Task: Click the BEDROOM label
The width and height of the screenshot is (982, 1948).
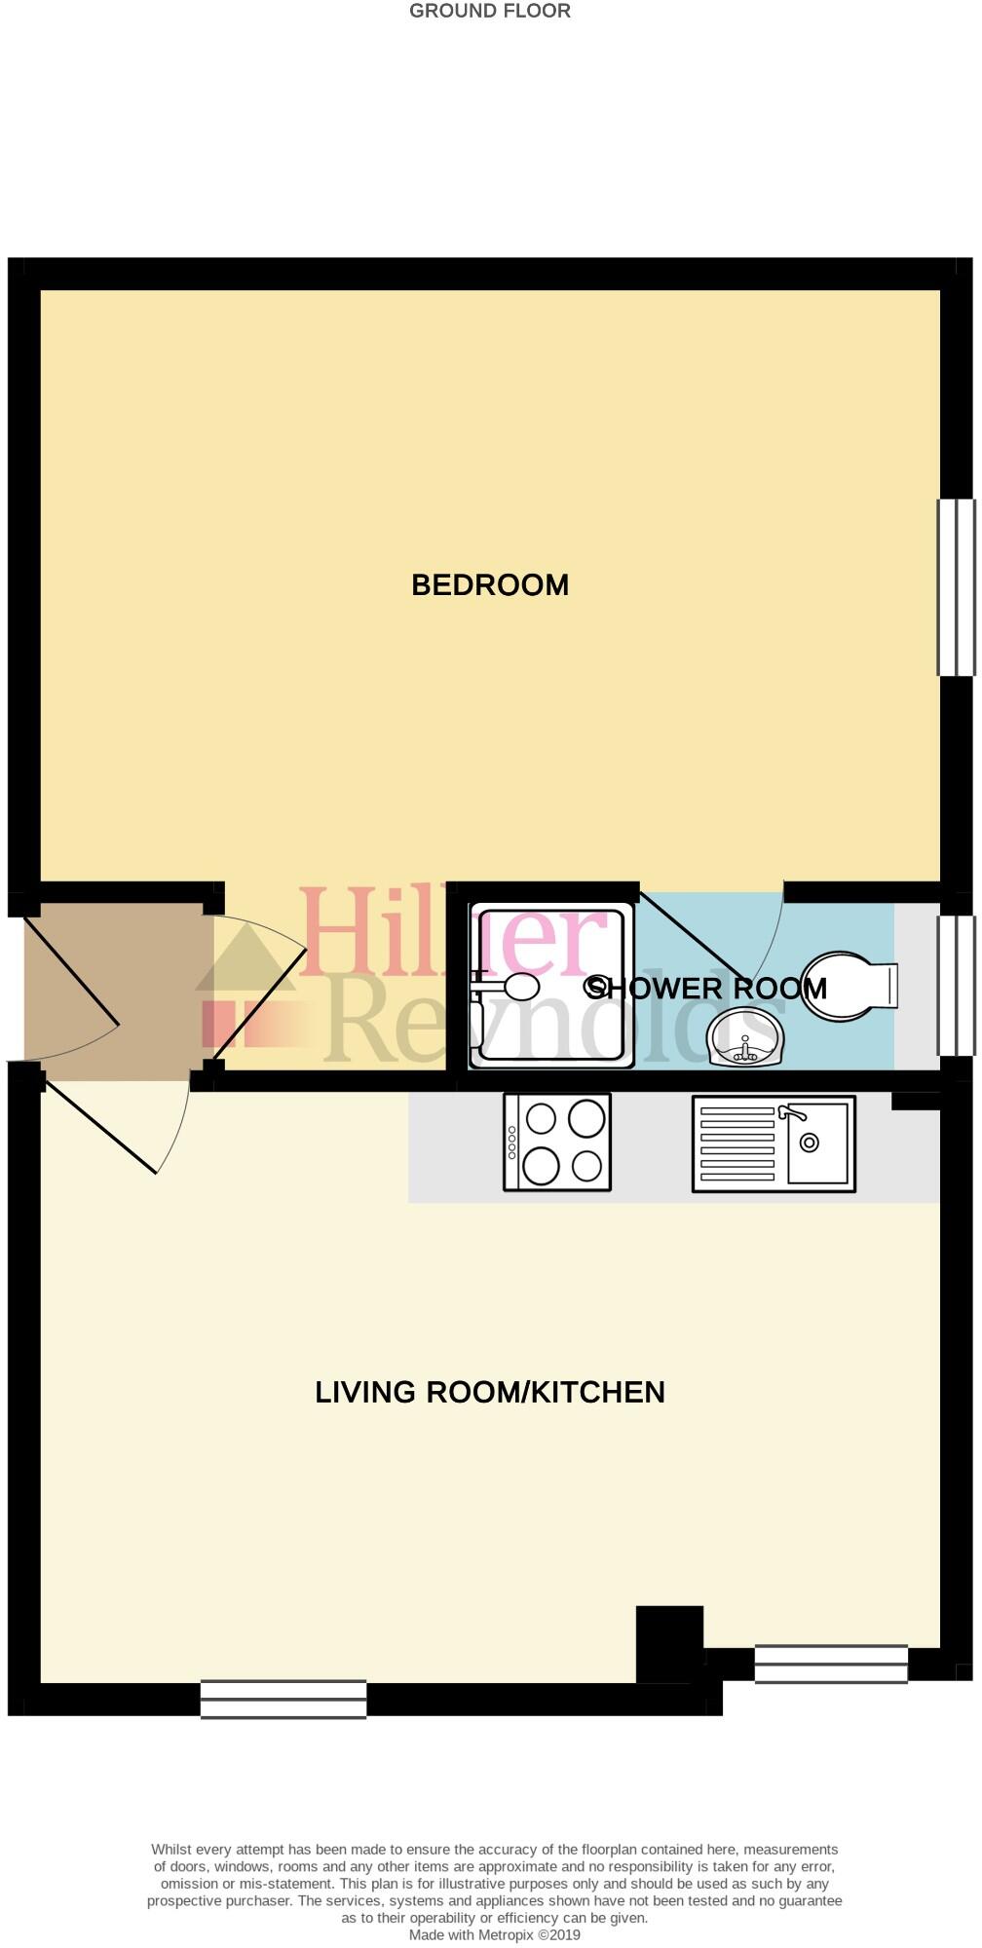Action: (x=490, y=585)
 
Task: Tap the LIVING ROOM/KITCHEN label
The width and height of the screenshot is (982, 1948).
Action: (x=490, y=1392)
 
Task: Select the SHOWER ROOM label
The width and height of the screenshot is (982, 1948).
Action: (x=705, y=988)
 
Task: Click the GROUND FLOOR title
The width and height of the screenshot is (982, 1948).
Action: (x=490, y=12)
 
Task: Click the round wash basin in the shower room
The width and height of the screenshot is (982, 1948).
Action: (x=746, y=1038)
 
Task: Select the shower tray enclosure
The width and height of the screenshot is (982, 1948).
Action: (x=550, y=986)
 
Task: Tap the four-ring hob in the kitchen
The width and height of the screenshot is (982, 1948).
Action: (x=557, y=1143)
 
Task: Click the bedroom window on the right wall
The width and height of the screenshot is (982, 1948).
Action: (x=956, y=587)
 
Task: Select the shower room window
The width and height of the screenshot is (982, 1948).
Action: (x=956, y=986)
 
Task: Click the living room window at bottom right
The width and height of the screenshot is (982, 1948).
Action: (x=831, y=1663)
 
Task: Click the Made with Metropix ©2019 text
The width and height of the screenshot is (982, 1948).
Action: (x=494, y=1935)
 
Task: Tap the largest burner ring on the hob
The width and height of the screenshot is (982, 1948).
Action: (x=586, y=1118)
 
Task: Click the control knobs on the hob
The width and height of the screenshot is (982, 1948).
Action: (x=511, y=1143)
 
